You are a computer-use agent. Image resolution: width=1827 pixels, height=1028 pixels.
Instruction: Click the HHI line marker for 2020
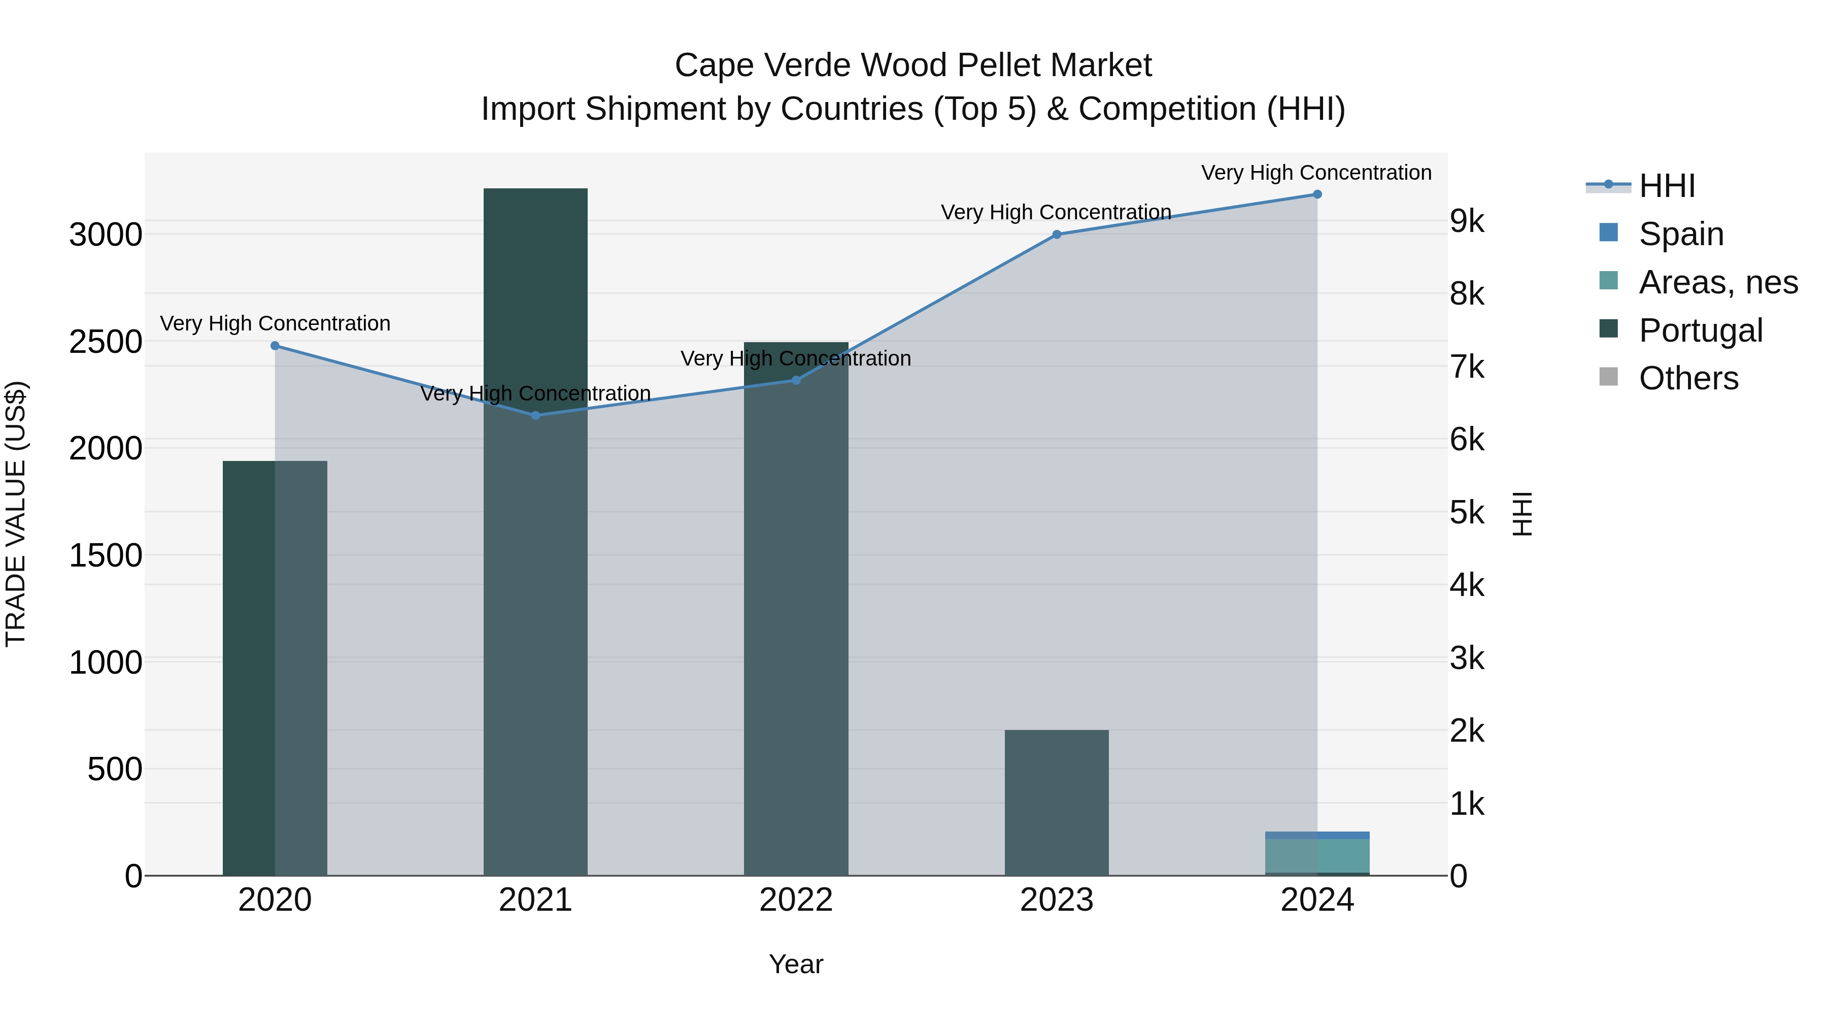(x=275, y=346)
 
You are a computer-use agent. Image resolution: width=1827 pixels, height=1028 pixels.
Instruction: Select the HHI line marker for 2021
(x=535, y=416)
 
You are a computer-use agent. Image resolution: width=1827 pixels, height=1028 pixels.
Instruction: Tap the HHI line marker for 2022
(x=796, y=380)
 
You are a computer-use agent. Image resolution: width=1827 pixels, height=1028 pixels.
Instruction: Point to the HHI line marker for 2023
(x=1057, y=234)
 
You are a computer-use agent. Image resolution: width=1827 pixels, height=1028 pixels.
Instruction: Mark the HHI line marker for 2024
(x=1317, y=194)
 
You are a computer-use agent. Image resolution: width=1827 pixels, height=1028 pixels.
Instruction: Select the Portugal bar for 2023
(x=1057, y=802)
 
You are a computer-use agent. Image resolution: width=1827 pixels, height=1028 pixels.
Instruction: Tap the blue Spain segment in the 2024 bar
(x=1317, y=835)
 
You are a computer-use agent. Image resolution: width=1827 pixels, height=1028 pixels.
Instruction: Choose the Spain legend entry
(x=1681, y=234)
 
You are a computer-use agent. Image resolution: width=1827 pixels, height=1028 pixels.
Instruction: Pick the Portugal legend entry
(x=1700, y=330)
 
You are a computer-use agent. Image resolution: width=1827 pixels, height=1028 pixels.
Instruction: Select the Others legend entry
(x=1688, y=378)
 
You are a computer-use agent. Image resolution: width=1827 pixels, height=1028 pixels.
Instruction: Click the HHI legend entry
(x=1667, y=186)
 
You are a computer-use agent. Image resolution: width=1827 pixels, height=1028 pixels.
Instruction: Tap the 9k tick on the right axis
(x=1467, y=221)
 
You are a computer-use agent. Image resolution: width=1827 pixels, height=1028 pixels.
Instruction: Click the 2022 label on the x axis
(x=796, y=900)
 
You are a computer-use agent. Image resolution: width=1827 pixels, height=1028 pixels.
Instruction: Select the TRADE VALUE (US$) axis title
(x=16, y=514)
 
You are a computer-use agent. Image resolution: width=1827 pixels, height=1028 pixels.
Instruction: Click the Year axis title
(x=796, y=964)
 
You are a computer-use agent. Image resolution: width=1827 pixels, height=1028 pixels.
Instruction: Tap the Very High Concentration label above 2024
(x=1316, y=173)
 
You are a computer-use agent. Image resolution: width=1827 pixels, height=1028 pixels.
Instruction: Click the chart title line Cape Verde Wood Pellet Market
(x=913, y=65)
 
